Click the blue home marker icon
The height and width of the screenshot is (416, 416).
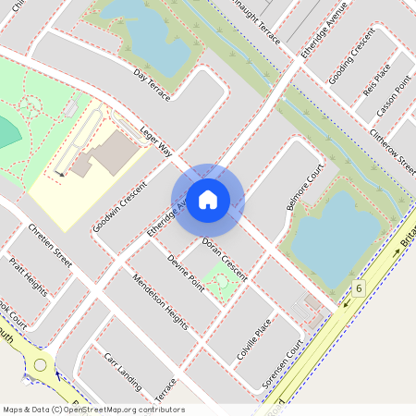point(208,199)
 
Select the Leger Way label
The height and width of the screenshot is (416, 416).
point(157,141)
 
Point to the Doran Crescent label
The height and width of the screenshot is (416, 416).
point(225,262)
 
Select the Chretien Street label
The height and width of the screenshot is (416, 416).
point(50,246)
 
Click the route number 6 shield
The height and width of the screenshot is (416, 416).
point(358,288)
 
